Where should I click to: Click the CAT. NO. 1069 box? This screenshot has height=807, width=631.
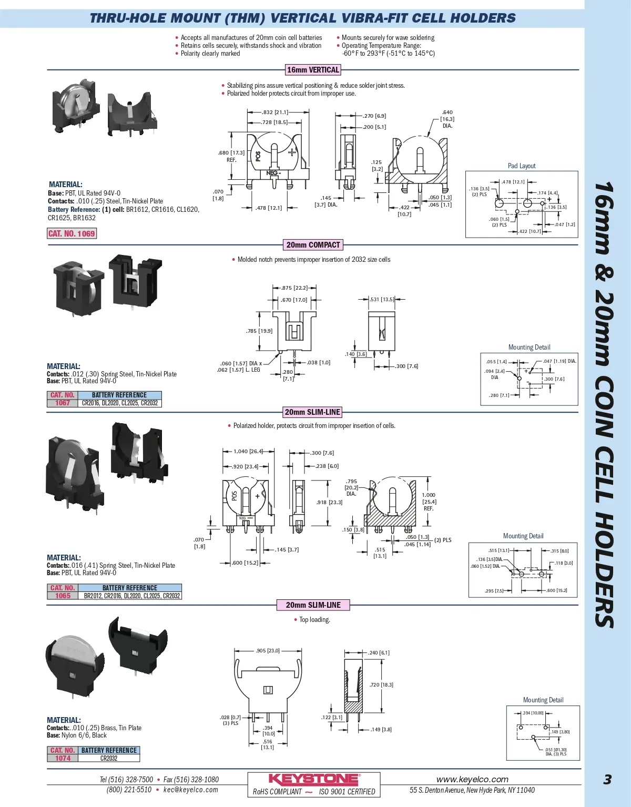coord(72,233)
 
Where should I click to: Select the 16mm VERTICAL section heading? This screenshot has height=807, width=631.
coord(313,70)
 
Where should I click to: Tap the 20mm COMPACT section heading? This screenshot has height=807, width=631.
coord(313,245)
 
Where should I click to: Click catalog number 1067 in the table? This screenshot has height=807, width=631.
coord(63,403)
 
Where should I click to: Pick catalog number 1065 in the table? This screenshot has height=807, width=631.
coord(63,596)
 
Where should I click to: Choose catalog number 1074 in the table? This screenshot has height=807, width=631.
coord(63,758)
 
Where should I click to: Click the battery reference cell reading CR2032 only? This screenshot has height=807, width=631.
coord(109,758)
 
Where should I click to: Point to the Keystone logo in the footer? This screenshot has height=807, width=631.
coord(314,779)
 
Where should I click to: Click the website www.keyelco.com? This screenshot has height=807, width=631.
coord(472,779)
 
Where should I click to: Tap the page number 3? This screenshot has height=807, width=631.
coord(607,779)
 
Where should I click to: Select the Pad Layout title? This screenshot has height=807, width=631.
coord(522,166)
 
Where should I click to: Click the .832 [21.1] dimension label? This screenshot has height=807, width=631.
coord(274,112)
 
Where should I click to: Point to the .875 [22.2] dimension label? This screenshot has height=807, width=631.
coord(294,288)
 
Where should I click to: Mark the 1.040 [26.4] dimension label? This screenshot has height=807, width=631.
coord(248,451)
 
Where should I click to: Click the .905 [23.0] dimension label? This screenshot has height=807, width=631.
coord(268,651)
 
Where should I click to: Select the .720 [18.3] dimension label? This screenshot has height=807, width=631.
coord(381,685)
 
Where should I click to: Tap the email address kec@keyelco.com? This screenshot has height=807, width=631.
coord(190,790)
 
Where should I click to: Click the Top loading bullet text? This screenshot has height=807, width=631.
coord(314,620)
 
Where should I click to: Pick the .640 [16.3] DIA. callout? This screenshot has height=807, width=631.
coord(447,119)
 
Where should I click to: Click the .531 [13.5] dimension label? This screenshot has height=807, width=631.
coord(382,299)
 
